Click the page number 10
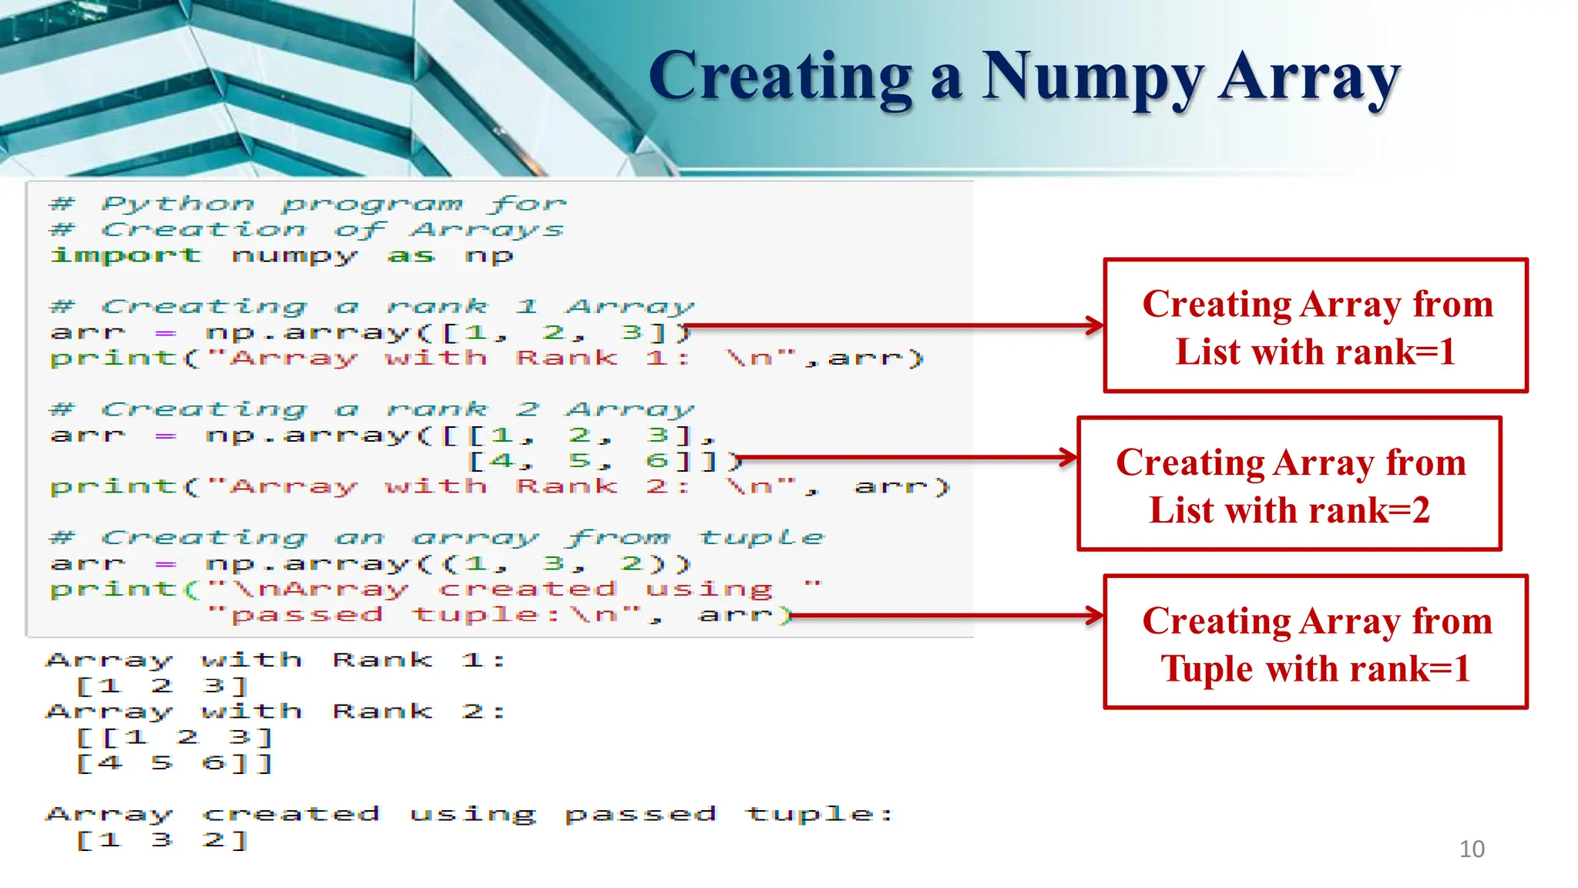pyautogui.click(x=1471, y=849)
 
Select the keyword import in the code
pyautogui.click(x=126, y=255)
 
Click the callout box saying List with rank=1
pyautogui.click(x=1315, y=326)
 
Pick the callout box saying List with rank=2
pyautogui.click(x=1289, y=484)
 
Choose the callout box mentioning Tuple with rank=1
pyautogui.click(x=1315, y=642)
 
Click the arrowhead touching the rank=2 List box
pyautogui.click(x=1069, y=457)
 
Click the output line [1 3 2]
pyautogui.click(x=162, y=839)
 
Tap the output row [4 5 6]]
pyautogui.click(x=174, y=763)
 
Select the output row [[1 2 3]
pyautogui.click(x=174, y=737)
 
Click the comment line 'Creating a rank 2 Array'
pyautogui.click(x=371, y=409)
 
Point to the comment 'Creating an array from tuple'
pyautogui.click(x=436, y=537)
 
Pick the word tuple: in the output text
pyautogui.click(x=820, y=814)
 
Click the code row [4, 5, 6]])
pyautogui.click(x=604, y=461)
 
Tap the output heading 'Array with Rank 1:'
pyautogui.click(x=275, y=661)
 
